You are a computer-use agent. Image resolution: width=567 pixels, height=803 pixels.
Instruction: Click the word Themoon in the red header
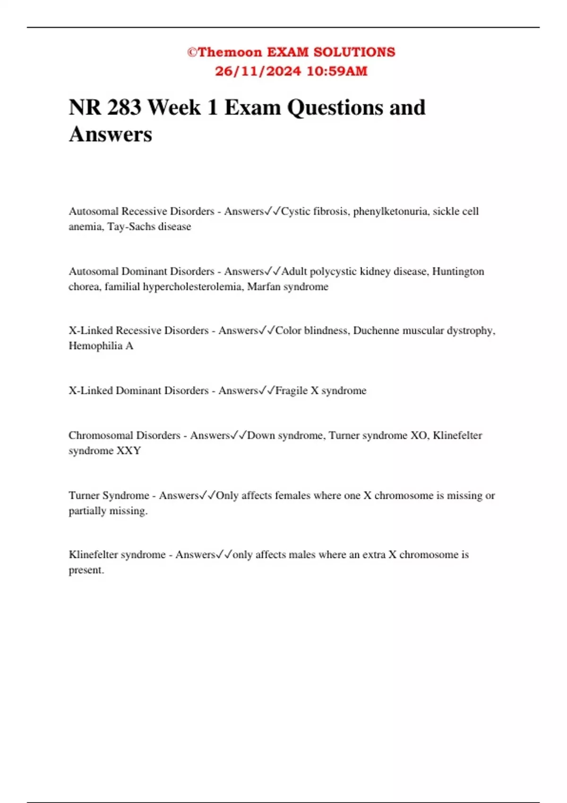(230, 52)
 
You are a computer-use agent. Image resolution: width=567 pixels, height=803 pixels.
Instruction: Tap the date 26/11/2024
(258, 71)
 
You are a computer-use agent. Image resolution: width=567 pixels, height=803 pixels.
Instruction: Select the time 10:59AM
(337, 71)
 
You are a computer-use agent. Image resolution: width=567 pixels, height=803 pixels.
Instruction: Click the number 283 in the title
(124, 108)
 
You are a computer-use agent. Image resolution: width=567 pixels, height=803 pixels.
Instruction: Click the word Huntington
(458, 272)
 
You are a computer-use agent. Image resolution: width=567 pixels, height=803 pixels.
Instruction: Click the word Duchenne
(376, 331)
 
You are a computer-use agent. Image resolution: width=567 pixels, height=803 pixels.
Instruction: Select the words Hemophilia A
(101, 346)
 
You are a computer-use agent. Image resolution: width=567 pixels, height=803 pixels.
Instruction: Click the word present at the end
(86, 570)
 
